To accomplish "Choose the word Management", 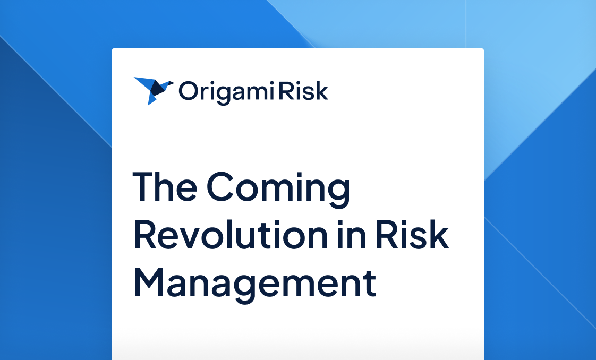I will tap(255, 283).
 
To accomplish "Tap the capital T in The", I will tap(143, 187).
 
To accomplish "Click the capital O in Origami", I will tap(188, 91).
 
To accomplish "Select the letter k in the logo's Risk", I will tap(321, 91).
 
